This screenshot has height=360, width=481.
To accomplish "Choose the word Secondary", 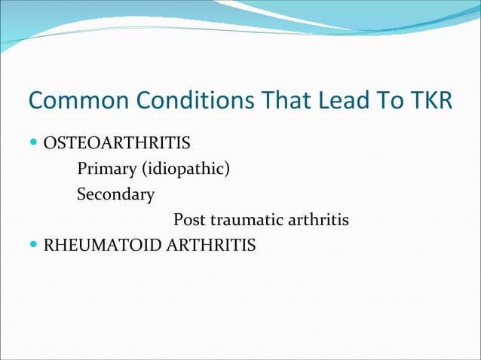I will point(115,194).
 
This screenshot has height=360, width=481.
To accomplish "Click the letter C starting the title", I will point(35,100).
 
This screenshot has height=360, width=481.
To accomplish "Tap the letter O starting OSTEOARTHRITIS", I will point(51,142).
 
